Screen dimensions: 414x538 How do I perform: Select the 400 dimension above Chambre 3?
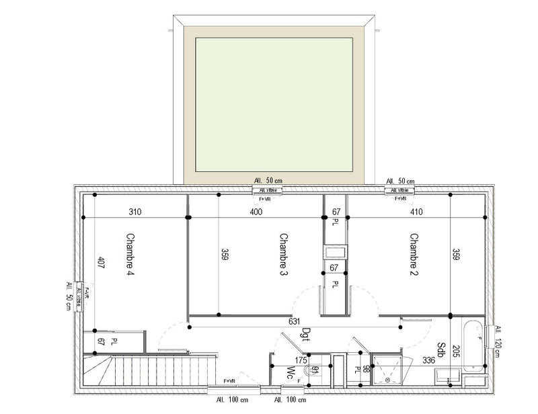(x=256, y=212)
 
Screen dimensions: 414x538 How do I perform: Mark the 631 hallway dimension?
(x=295, y=321)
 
